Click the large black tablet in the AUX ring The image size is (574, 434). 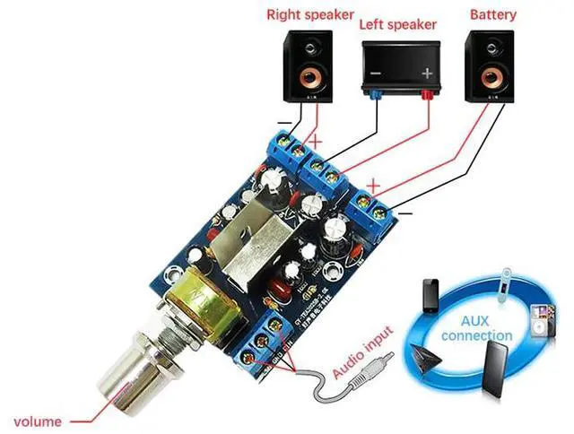tap(497, 369)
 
